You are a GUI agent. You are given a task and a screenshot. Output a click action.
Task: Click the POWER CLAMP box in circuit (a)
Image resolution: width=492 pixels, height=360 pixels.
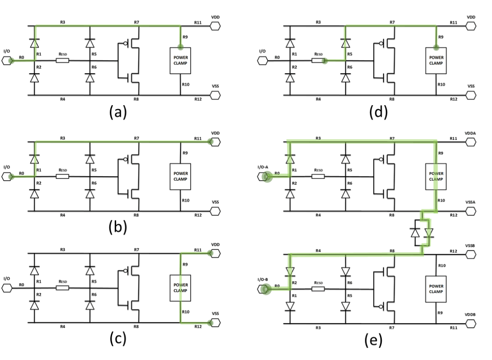pos(180,61)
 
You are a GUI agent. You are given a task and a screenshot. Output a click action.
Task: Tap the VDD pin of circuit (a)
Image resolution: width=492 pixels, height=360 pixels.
pos(215,26)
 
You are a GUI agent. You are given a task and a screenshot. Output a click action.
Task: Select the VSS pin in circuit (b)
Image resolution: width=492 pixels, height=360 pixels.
pos(215,211)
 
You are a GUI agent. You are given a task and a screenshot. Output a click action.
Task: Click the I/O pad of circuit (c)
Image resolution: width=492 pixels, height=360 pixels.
pos(7,288)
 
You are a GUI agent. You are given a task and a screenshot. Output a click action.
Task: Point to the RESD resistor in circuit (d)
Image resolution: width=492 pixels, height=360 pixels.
pos(318,60)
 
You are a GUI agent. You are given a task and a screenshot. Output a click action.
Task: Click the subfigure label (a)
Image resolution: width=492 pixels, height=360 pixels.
pos(118,112)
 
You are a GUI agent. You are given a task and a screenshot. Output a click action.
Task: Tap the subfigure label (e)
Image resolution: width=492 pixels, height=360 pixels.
pos(374,340)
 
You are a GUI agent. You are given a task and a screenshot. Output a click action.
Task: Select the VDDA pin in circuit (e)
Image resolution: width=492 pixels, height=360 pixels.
pos(471,142)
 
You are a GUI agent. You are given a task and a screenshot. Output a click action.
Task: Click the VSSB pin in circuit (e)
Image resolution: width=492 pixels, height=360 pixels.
pos(471,254)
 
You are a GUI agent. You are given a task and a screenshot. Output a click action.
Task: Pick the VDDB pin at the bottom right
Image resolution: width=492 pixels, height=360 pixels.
pos(471,323)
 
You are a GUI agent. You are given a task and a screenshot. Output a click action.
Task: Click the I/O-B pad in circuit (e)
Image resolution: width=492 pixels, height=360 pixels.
pos(263,289)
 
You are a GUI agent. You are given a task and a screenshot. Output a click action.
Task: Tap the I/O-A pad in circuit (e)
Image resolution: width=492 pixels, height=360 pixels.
pos(263,177)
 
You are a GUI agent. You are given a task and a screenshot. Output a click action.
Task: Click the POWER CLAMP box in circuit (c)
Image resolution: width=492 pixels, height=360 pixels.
pos(180,288)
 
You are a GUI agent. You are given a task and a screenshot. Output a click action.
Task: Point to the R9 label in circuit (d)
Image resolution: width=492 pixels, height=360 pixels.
pos(441,37)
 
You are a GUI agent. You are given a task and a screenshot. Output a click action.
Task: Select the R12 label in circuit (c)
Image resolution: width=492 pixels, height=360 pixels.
pos(198,327)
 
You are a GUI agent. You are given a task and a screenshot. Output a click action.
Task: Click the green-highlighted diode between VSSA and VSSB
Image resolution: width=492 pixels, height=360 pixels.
pos(429,233)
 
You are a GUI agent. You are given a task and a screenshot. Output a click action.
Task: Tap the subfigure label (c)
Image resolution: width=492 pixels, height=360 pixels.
pos(118,339)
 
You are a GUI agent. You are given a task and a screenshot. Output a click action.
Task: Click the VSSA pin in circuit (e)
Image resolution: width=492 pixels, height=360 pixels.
pos(471,211)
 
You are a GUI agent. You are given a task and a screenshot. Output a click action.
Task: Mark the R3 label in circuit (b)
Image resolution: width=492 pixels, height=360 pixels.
pos(63,138)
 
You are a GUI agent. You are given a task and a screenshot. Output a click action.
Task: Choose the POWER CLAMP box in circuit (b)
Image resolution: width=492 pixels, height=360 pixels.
pos(180,177)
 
